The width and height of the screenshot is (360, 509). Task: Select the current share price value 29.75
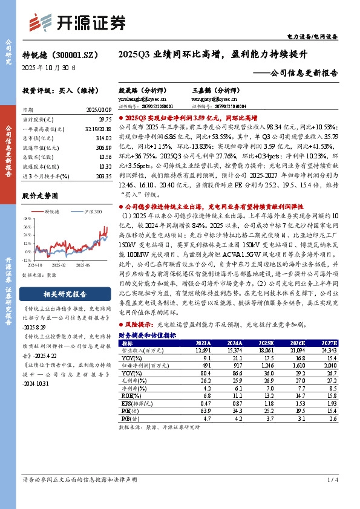104,120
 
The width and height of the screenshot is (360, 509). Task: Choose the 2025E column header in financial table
266,343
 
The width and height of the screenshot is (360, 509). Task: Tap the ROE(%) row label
127,396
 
